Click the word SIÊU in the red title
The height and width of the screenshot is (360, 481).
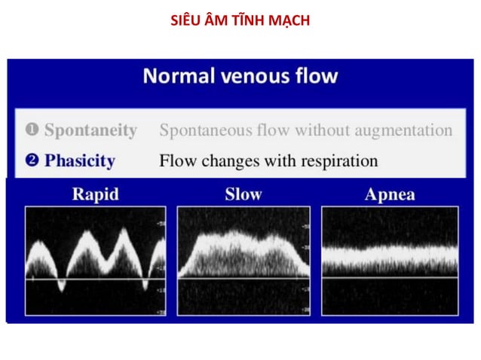(x=185, y=20)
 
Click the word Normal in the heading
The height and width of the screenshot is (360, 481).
(x=173, y=76)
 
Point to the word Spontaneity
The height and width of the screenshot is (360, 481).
(x=90, y=130)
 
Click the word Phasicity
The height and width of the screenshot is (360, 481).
(x=80, y=160)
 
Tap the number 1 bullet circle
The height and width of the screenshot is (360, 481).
(x=32, y=130)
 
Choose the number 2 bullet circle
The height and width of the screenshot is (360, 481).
(x=32, y=160)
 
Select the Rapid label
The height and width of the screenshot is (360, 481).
(x=95, y=194)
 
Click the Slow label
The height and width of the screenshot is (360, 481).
(x=244, y=194)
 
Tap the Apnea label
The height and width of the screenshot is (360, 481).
(x=389, y=194)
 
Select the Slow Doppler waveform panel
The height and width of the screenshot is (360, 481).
(x=243, y=261)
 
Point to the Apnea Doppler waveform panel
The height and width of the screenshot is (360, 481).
(x=389, y=261)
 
